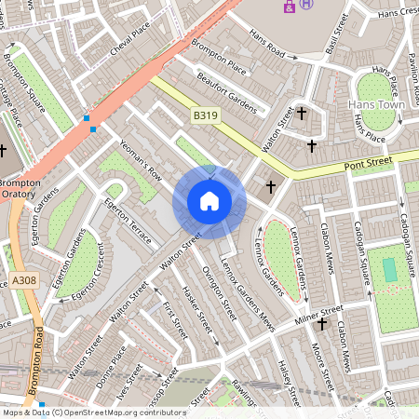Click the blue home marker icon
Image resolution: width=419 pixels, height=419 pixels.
click(209, 201)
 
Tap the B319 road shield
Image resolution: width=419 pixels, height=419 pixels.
click(206, 115)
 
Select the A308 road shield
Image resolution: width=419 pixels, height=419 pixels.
click(24, 279)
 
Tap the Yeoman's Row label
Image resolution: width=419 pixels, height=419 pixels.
click(142, 161)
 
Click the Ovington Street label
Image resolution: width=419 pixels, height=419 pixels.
click(221, 294)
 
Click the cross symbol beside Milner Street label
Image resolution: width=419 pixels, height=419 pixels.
click(322, 324)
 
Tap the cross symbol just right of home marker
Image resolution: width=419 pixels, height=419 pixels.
click(271, 187)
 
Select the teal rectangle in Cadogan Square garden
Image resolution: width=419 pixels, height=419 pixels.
click(388, 269)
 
